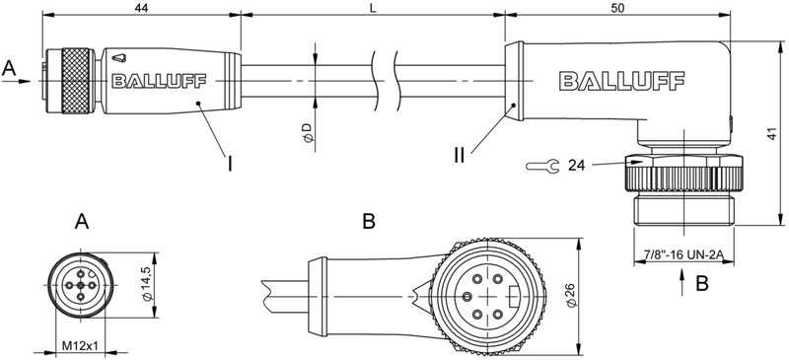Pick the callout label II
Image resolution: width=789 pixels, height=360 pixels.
[460, 156]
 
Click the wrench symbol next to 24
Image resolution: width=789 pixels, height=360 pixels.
[539, 166]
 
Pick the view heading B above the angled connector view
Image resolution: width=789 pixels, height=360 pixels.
[368, 224]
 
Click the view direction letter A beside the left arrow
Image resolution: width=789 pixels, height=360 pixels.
[10, 68]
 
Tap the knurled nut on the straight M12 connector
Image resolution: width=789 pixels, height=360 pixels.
[77, 82]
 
